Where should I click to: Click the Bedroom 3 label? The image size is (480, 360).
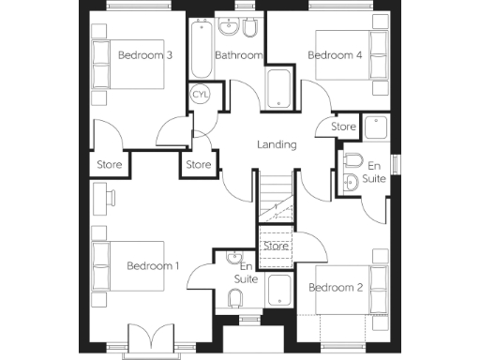pos(144,55)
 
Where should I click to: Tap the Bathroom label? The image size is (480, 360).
pos(238,55)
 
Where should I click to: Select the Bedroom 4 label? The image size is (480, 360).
pos(335,55)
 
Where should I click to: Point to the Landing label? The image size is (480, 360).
pos(277,144)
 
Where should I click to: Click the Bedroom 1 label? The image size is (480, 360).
pos(153,266)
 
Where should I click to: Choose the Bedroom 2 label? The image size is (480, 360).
pos(336,287)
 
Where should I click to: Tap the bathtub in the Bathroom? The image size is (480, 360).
pos(202,52)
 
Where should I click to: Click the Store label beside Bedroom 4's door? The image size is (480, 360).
pos(344,126)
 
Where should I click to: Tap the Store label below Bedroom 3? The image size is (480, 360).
pos(109,165)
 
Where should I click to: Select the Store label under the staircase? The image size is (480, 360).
pos(276,247)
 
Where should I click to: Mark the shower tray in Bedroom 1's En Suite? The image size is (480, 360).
pos(279,290)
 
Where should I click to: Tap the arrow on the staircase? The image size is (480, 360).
pos(277,207)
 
